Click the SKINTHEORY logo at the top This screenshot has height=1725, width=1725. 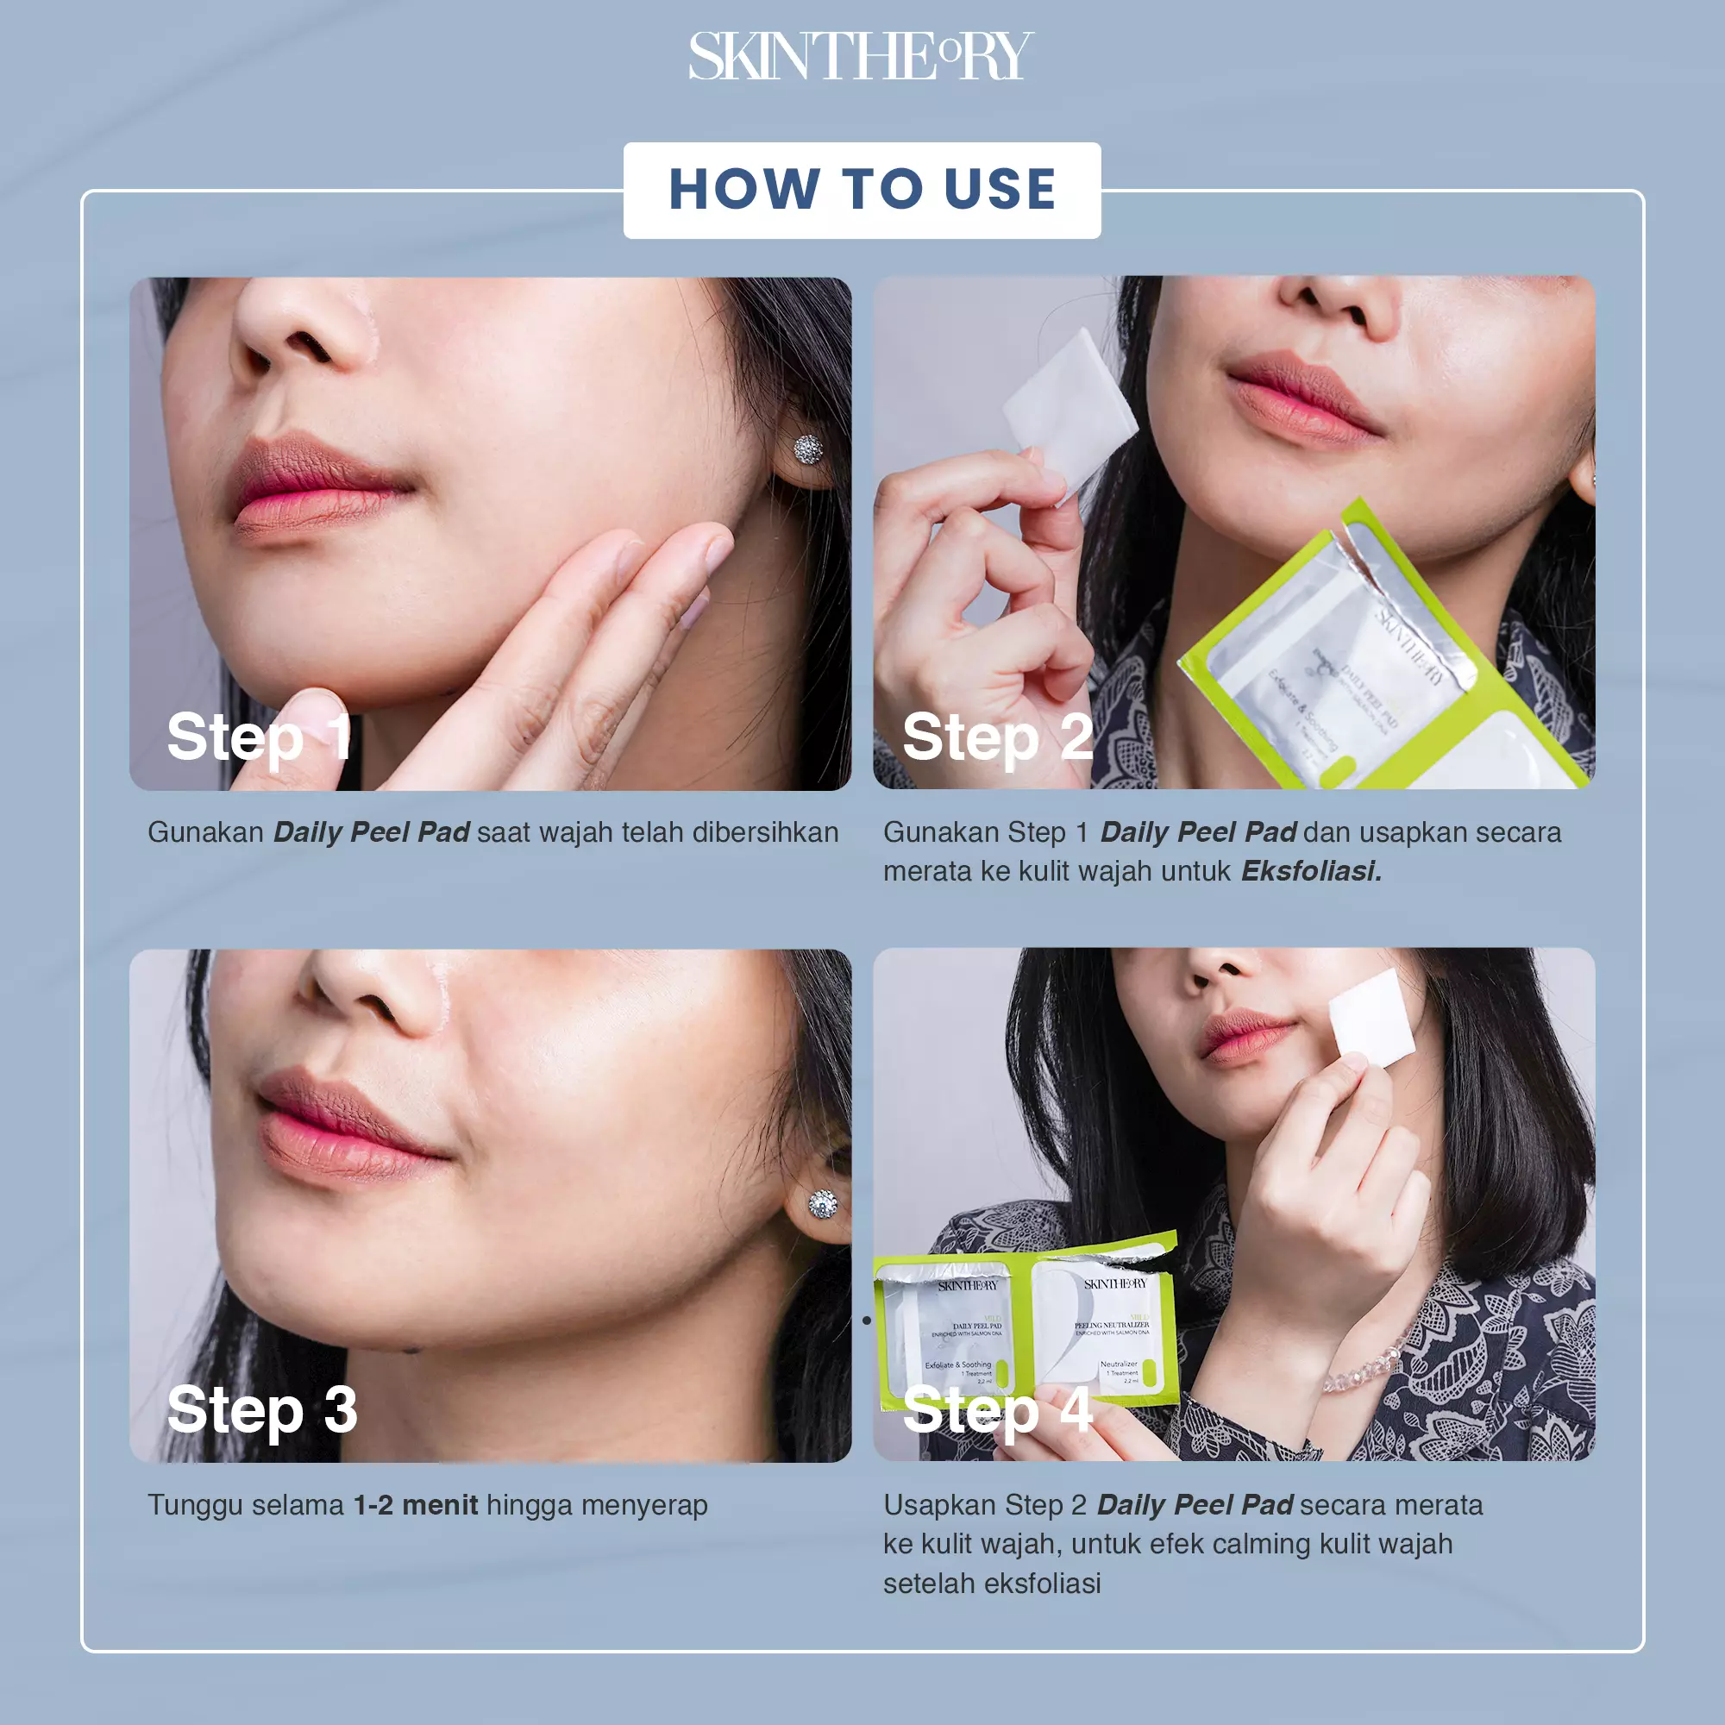pyautogui.click(x=861, y=56)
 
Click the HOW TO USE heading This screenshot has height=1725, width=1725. pyautogui.click(x=862, y=189)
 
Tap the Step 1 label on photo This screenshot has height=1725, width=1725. pyautogui.click(x=259, y=737)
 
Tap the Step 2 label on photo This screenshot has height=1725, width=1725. pyautogui.click(x=997, y=737)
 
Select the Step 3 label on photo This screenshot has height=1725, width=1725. pyautogui.click(x=262, y=1410)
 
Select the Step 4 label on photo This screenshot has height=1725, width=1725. pyautogui.click(x=997, y=1410)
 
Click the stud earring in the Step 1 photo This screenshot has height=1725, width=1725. pyautogui.click(x=808, y=449)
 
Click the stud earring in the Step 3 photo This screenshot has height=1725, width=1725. pyautogui.click(x=822, y=1204)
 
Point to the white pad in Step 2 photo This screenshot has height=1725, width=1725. pyautogui.click(x=1069, y=407)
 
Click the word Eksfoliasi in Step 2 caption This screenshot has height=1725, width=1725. pyautogui.click(x=1311, y=870)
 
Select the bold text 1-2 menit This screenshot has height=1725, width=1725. pyautogui.click(x=415, y=1504)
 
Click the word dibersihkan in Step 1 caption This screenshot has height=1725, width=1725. pyautogui.click(x=765, y=832)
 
